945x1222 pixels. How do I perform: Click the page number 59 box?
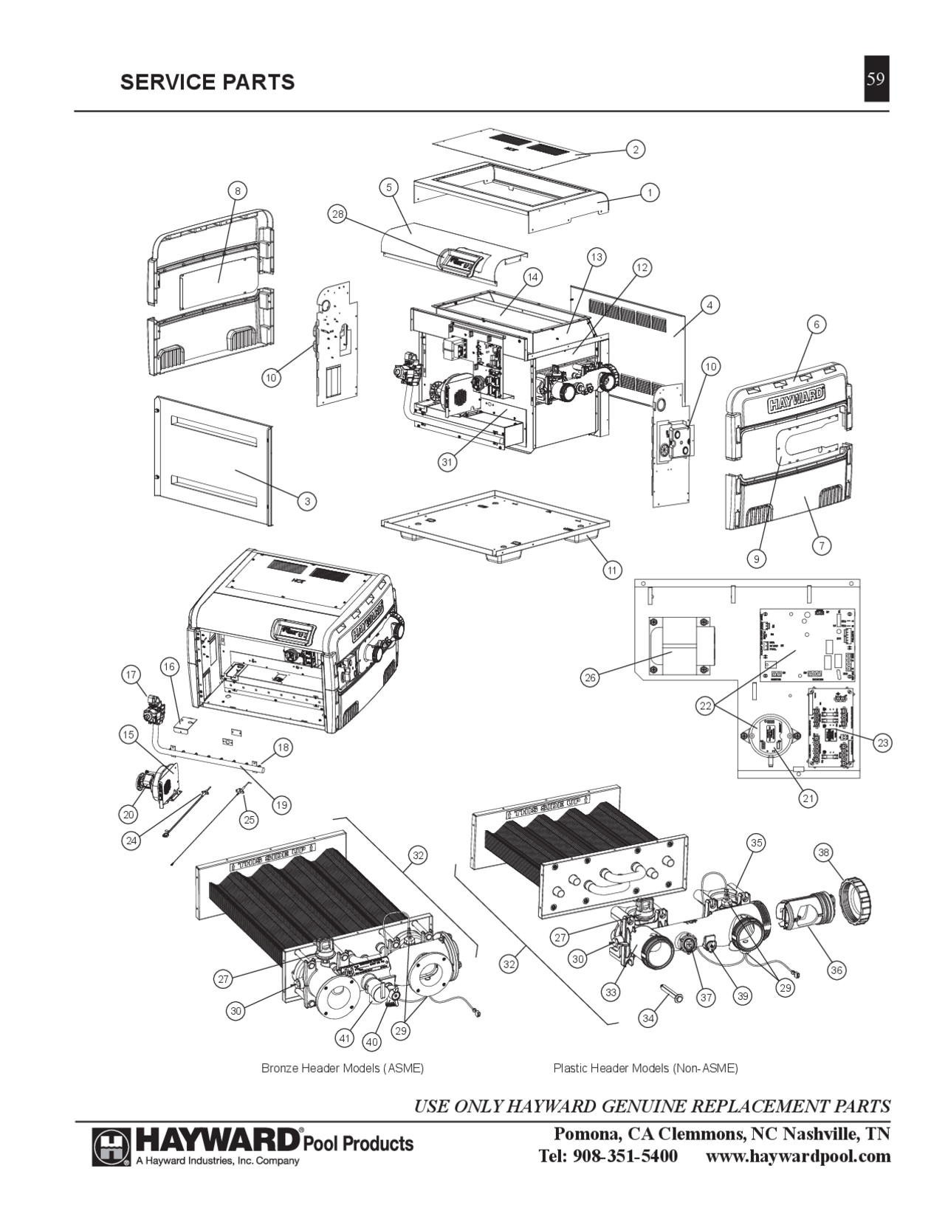876,78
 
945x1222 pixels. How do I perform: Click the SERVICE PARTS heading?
207,82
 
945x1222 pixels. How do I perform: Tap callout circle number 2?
634,149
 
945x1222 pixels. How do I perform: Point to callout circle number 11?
612,570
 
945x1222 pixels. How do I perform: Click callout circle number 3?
307,502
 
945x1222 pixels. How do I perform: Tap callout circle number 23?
882,742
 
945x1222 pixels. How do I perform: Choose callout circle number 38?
825,852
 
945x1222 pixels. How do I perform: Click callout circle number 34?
647,1019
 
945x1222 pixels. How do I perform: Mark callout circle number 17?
131,674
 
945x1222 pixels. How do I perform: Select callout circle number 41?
344,1038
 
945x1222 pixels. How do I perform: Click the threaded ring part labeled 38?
859,895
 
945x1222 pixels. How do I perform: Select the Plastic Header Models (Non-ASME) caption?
645,1069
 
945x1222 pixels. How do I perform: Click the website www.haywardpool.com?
798,1156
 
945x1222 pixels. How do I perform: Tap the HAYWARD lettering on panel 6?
797,404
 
